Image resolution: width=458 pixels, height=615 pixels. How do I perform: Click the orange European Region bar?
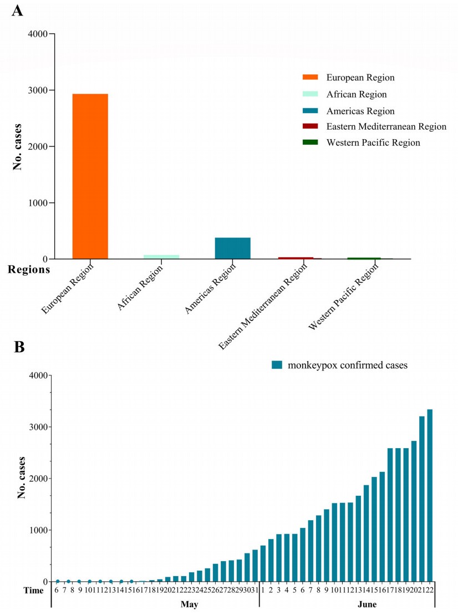pyautogui.click(x=90, y=176)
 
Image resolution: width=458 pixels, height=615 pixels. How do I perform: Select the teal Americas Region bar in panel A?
pyautogui.click(x=232, y=248)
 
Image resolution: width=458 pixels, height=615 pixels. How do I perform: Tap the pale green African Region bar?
pyautogui.click(x=161, y=257)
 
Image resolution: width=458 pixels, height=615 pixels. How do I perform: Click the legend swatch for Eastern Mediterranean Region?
pyautogui.click(x=310, y=126)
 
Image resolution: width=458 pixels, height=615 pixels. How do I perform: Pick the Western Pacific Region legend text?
pyautogui.click(x=373, y=143)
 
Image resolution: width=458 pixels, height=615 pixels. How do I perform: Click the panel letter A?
pyautogui.click(x=17, y=10)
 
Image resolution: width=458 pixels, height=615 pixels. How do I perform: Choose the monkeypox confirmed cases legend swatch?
pyautogui.click(x=277, y=365)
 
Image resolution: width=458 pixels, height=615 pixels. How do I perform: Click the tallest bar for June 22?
pyautogui.click(x=430, y=495)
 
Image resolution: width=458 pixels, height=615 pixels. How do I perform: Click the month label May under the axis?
pyautogui.click(x=190, y=604)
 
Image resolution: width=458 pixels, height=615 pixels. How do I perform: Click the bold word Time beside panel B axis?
pyautogui.click(x=34, y=591)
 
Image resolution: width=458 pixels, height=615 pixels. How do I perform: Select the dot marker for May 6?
pyautogui.click(x=57, y=581)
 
